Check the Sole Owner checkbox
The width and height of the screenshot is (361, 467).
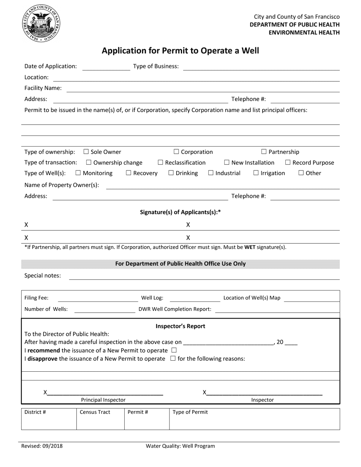(x=86, y=152)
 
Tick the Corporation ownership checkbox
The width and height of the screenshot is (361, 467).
(x=176, y=152)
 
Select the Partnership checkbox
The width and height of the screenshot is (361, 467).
(x=264, y=152)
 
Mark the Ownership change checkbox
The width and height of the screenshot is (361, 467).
(x=89, y=163)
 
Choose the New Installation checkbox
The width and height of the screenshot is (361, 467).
(x=227, y=163)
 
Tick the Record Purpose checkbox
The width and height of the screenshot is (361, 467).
(x=288, y=163)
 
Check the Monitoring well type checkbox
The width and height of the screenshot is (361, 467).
(x=78, y=173)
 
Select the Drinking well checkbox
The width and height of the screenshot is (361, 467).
(x=171, y=173)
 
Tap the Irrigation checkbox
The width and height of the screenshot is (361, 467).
(x=256, y=173)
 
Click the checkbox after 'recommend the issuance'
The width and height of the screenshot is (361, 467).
(x=174, y=350)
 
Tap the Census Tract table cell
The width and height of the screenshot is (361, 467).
(x=100, y=419)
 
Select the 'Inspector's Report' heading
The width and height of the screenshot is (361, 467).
(x=180, y=326)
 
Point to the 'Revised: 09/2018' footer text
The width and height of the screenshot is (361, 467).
(x=42, y=446)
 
